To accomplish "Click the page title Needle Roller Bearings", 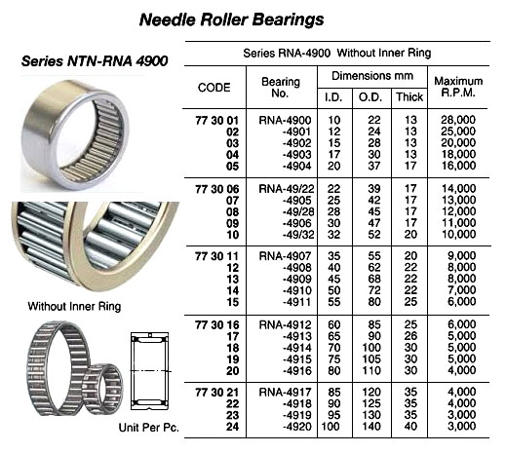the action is coord(231,19).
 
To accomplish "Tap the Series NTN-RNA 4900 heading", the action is coord(95,61).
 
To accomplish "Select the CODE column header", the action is coord(214,88).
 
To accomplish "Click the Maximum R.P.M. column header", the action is coord(458,87).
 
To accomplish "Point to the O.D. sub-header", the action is coord(370,97).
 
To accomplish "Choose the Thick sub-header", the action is coord(409,96).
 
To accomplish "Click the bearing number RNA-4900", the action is coord(285,120).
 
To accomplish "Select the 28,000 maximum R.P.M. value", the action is coord(458,120).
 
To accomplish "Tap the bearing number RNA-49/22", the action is coord(287,189).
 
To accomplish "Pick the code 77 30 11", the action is coord(216,256).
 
